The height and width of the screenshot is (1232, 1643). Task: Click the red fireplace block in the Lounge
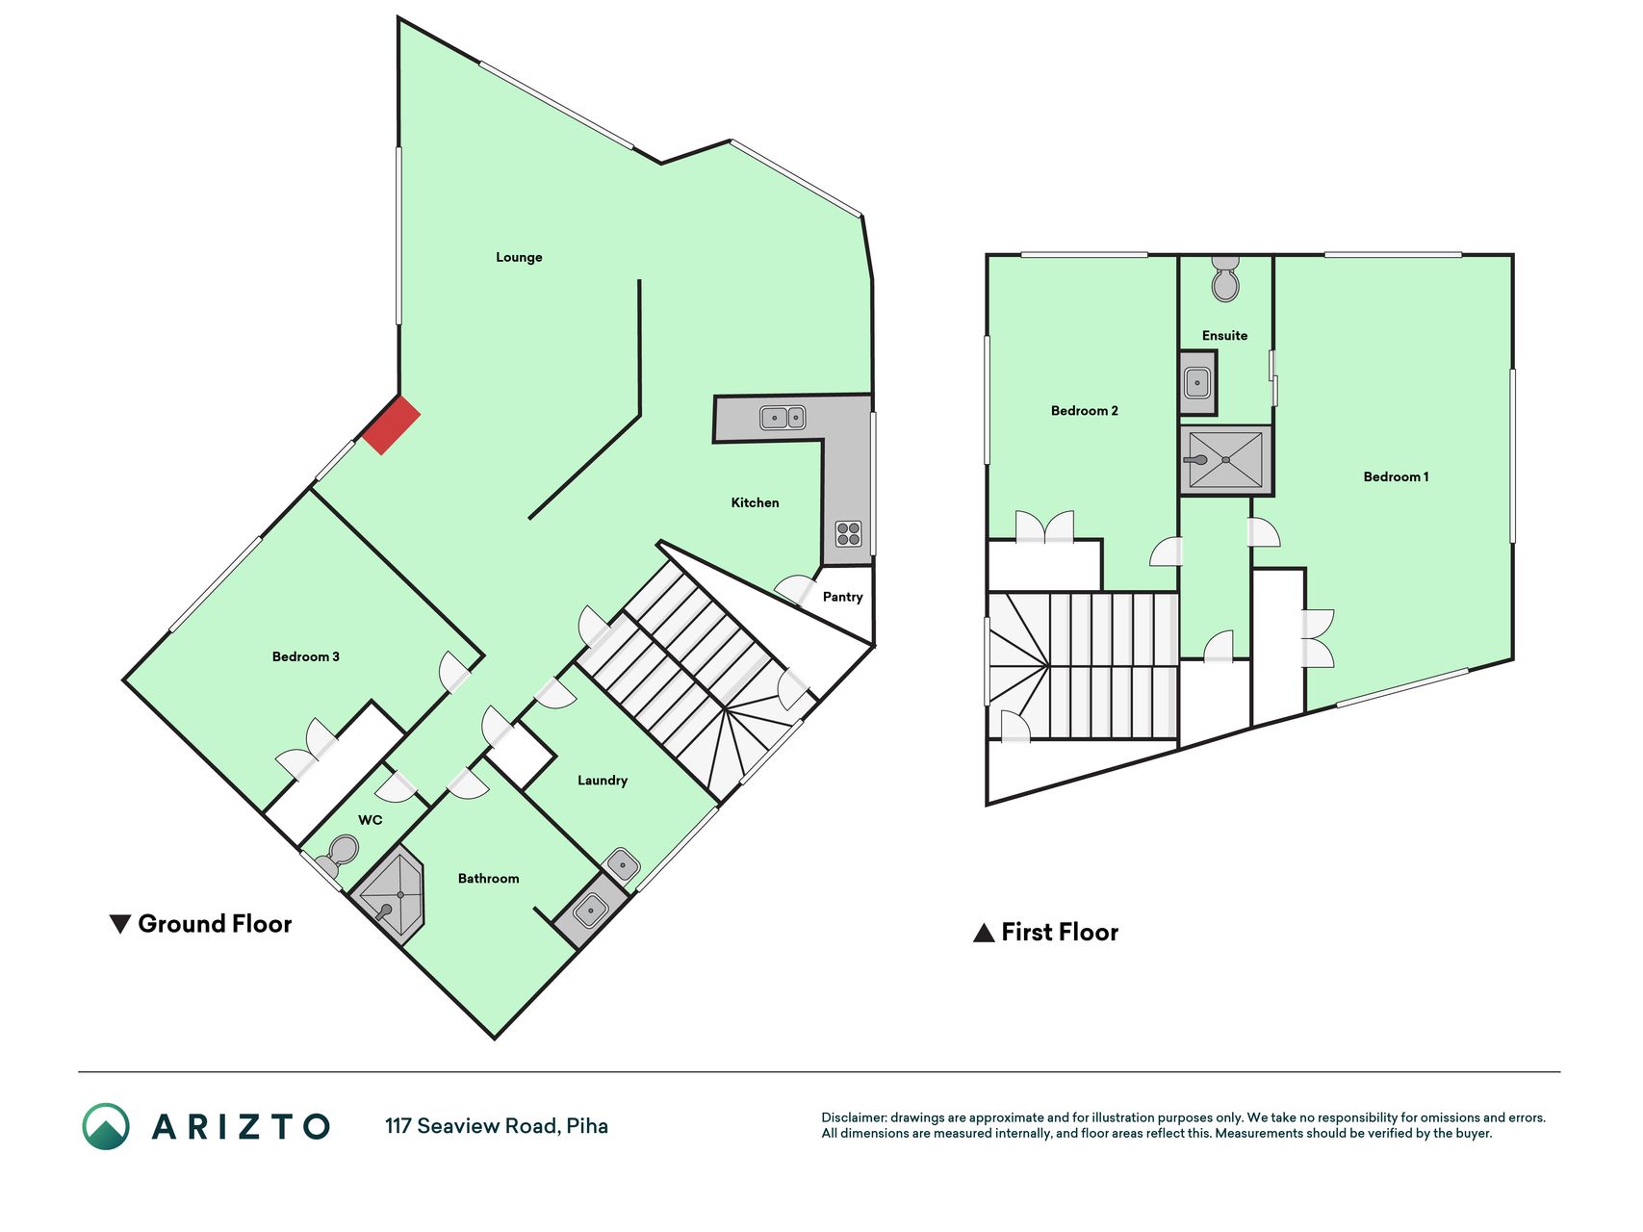pos(392,424)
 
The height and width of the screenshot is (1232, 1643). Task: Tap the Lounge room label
pos(519,257)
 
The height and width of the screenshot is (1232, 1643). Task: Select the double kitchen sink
pos(783,418)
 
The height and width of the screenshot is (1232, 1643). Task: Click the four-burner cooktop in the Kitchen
pos(848,533)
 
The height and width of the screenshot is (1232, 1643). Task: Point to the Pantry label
pos(842,597)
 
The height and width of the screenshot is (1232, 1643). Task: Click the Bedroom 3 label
pos(305,656)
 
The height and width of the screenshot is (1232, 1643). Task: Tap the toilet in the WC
pos(338,855)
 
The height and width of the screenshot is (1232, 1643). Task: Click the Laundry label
pos(603,781)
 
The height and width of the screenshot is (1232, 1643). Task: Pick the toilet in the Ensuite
pos(1225,279)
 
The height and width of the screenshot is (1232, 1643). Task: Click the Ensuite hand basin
pos(1197,383)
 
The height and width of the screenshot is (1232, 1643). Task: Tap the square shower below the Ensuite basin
pos(1226,460)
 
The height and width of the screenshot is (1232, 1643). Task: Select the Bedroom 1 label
pos(1396,476)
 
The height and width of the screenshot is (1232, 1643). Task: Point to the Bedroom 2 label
pos(1084,410)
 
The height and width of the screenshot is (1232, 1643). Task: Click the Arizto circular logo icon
pos(106,1126)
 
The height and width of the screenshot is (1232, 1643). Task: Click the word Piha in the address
pos(587,1126)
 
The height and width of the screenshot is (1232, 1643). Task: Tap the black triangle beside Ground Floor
pos(120,924)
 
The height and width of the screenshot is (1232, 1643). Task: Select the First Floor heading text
pos(1060,932)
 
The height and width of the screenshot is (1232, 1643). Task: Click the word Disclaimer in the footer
pos(853,1117)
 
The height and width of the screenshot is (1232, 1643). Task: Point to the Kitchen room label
pos(755,502)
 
